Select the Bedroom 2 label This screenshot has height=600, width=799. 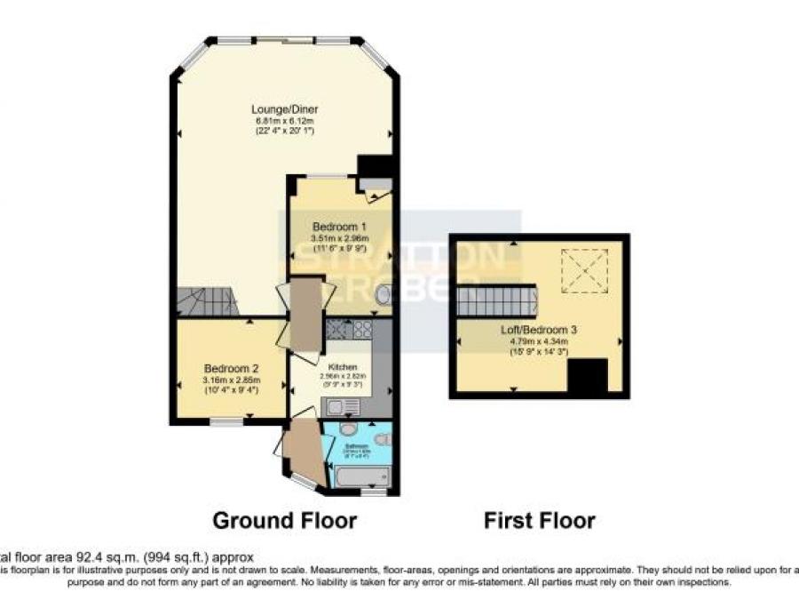[231, 369]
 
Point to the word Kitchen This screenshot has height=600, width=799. [343, 366]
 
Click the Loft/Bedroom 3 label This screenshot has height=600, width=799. [539, 330]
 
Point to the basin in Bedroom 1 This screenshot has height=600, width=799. [383, 294]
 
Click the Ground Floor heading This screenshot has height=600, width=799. [284, 520]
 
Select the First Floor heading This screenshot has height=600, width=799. [540, 520]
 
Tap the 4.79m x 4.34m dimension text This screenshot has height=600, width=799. [539, 340]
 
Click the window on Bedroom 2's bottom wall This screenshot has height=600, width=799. [226, 424]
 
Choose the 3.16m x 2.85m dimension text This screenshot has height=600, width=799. [231, 380]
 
